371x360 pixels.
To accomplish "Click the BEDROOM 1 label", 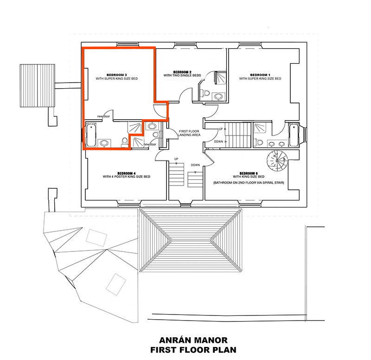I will pyautogui.click(x=260, y=75).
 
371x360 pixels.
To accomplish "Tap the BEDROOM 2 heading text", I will pyautogui.click(x=183, y=72).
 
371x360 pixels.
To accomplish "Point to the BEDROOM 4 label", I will pyautogui.click(x=126, y=173).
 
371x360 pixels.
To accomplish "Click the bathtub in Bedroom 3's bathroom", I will pyautogui.click(x=90, y=134).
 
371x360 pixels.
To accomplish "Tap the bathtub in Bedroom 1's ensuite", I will pyautogui.click(x=294, y=134).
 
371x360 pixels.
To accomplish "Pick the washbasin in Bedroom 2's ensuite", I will pyautogui.click(x=218, y=96).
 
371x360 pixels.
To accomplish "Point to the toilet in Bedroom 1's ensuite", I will pyautogui.click(x=259, y=142).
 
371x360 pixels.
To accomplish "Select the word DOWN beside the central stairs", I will pyautogui.click(x=195, y=165).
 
